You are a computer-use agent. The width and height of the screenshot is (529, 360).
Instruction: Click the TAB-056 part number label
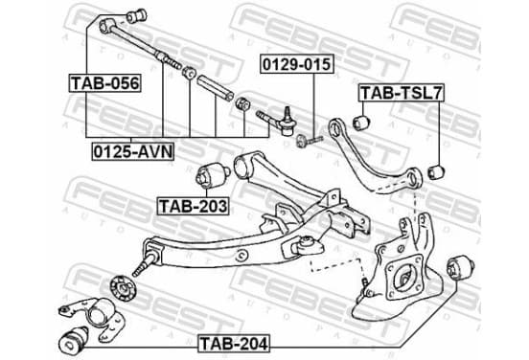104,83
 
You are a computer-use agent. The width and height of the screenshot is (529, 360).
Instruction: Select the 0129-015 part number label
296,64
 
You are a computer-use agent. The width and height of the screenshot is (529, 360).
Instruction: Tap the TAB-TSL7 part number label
402,93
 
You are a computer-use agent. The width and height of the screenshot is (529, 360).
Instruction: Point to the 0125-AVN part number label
133,151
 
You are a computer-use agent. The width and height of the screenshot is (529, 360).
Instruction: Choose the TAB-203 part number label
194,206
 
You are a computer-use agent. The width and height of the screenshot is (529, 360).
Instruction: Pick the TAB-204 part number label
234,344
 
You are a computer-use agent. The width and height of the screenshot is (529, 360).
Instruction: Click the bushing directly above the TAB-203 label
213,173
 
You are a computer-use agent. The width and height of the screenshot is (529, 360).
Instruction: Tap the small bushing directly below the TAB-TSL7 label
361,123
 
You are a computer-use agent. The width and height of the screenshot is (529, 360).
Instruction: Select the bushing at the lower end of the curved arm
436,172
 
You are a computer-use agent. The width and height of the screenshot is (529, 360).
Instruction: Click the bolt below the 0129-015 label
309,140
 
